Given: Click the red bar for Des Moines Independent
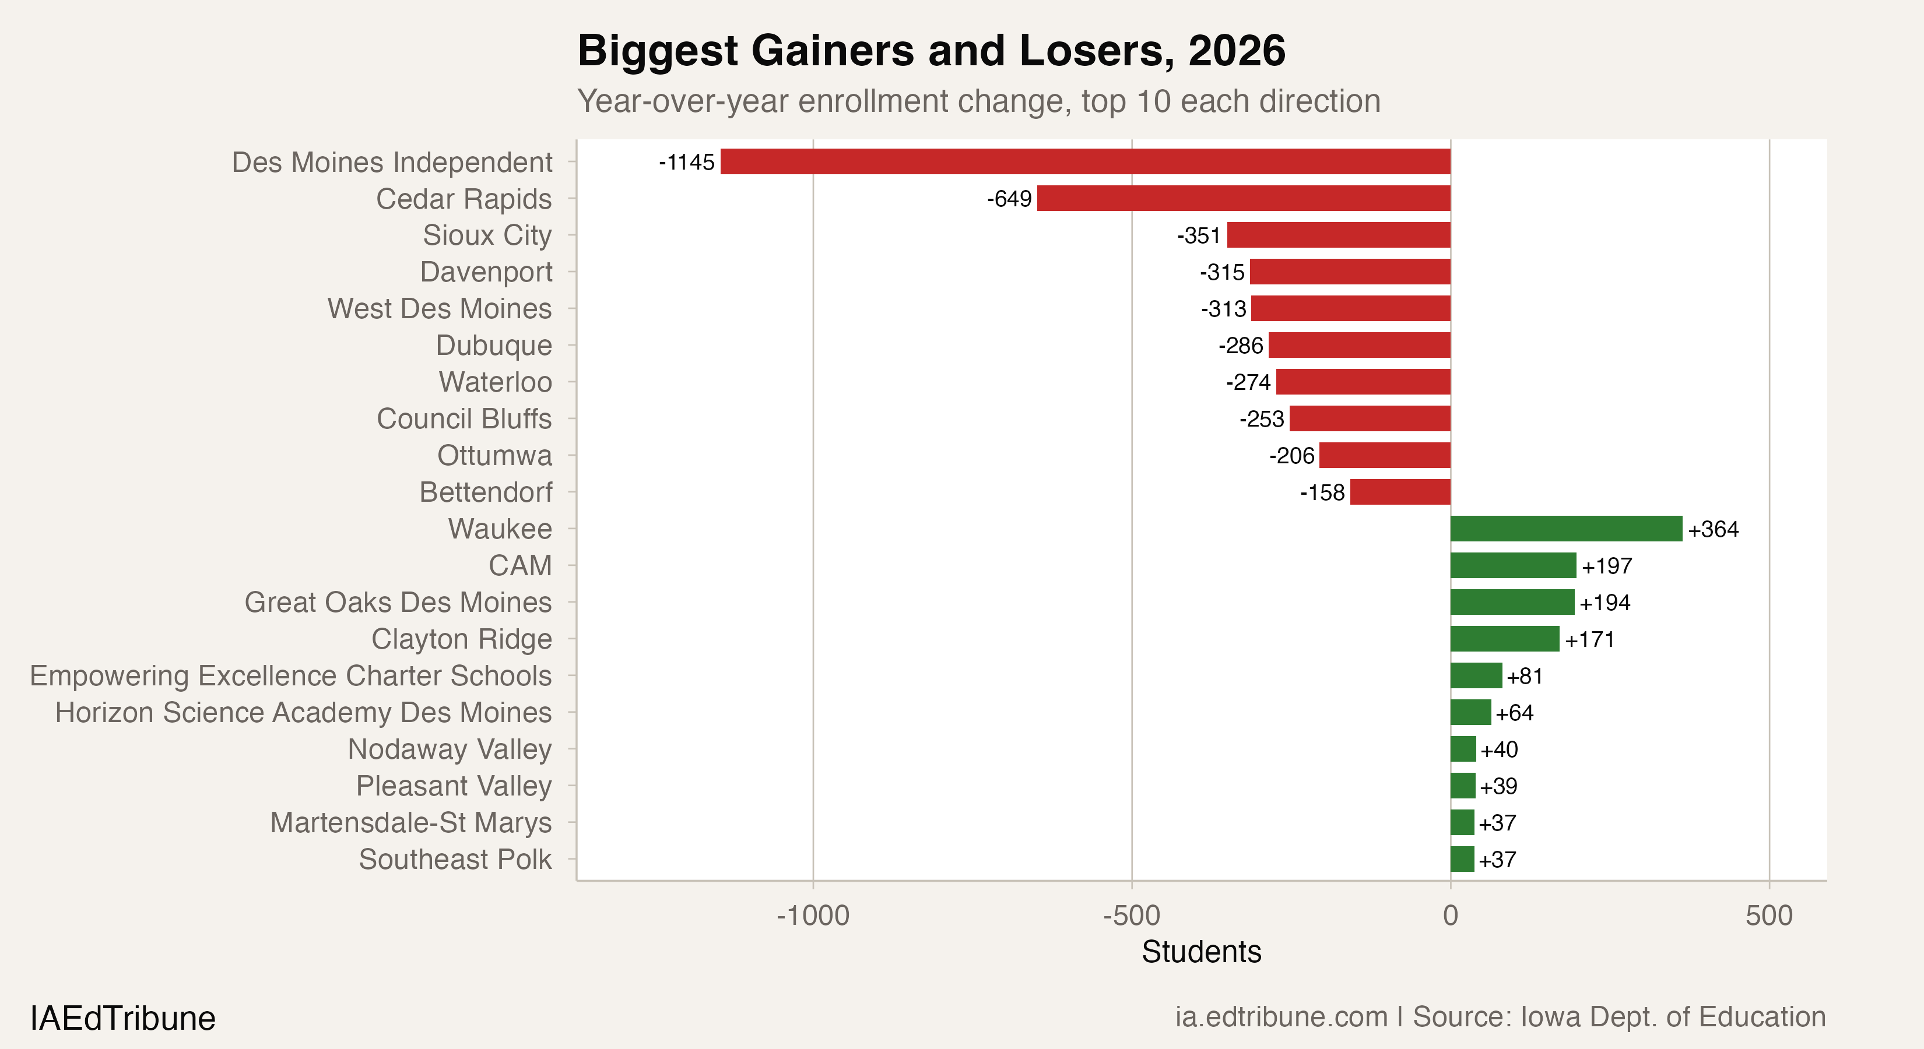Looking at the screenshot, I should [x=1084, y=161].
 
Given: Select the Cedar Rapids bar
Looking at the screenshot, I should [x=1243, y=199].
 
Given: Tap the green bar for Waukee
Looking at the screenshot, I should [x=1565, y=529].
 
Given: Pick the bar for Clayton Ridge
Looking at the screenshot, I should [x=1504, y=639].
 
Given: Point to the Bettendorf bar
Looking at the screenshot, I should [x=1400, y=492].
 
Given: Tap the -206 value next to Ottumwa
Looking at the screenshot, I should [x=1291, y=455].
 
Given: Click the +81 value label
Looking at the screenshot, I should [x=1525, y=677].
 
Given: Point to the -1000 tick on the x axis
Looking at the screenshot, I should [x=813, y=916].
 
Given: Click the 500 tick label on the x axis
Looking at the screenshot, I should [x=1769, y=916].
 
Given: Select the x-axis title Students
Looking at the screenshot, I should [x=1201, y=952].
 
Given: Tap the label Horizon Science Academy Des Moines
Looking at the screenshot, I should [x=303, y=712].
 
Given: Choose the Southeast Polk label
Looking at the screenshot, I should [x=455, y=860].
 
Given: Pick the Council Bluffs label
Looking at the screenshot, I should [x=464, y=419].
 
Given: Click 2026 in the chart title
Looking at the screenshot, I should [x=1236, y=51].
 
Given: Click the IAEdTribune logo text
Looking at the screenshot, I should [x=122, y=1018].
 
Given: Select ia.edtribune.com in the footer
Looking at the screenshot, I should [x=1280, y=1017].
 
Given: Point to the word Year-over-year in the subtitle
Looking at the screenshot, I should [x=683, y=101].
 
